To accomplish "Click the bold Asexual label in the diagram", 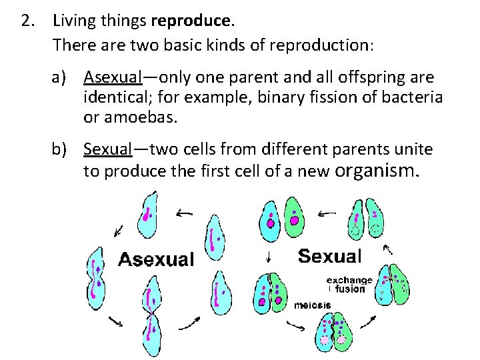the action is click(156, 258).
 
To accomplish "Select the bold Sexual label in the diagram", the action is click(329, 255).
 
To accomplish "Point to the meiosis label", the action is click(313, 305).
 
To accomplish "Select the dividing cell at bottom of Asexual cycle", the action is click(151, 317).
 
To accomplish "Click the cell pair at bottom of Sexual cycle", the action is click(331, 332).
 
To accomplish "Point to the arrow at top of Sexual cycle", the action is click(327, 213).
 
